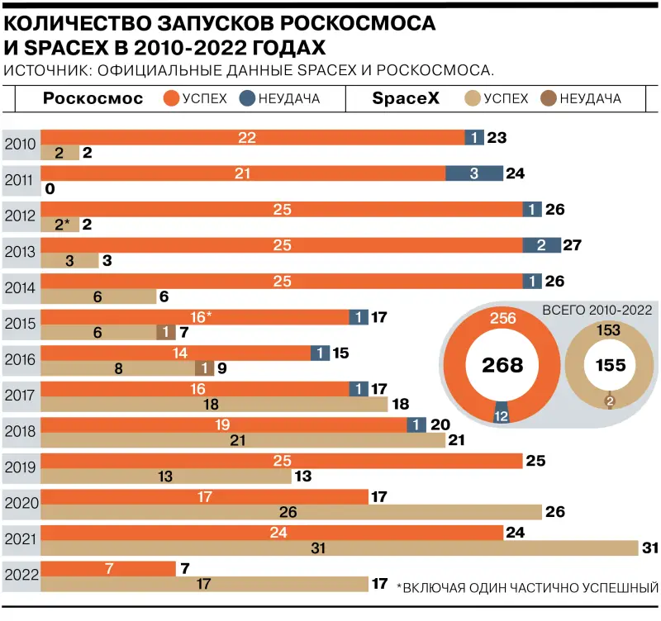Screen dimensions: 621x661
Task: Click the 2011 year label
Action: pyautogui.click(x=20, y=181)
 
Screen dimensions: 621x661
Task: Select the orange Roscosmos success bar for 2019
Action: pyautogui.click(x=281, y=460)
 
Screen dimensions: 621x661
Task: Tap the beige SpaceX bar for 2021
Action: pyautogui.click(x=339, y=548)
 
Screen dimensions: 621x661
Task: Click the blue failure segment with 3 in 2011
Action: pyautogui.click(x=473, y=173)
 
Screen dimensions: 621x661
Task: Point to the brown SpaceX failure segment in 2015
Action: pyautogui.click(x=166, y=332)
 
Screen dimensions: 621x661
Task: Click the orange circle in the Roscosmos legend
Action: pyautogui.click(x=171, y=99)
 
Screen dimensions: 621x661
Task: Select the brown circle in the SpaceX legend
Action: pyautogui.click(x=548, y=99)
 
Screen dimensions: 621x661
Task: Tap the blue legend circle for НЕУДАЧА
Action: pyautogui.click(x=245, y=99)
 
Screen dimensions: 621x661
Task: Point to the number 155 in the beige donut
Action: pyautogui.click(x=611, y=365)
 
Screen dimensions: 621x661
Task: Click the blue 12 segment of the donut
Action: pyautogui.click(x=501, y=416)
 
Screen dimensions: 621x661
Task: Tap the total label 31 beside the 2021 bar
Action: pyautogui.click(x=650, y=548)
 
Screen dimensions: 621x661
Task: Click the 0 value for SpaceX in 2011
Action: pyautogui.click(x=50, y=189)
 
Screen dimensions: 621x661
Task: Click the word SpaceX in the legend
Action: pyautogui.click(x=405, y=99)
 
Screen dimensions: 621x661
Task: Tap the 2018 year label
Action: pyautogui.click(x=20, y=430)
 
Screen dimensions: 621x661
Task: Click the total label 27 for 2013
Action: pyautogui.click(x=573, y=245)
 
